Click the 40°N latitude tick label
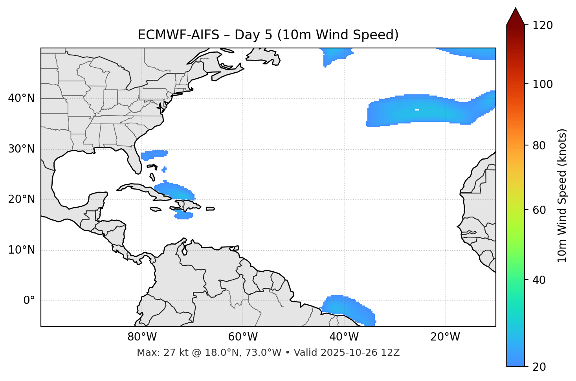[x=21, y=98]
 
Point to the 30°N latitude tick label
[x=21, y=149]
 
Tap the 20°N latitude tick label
[x=21, y=200]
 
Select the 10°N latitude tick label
[x=21, y=250]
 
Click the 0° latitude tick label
[x=29, y=301]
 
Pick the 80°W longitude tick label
[x=142, y=337]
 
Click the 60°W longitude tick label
[x=243, y=337]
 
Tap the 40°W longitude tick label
[x=344, y=337]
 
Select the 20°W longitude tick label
[x=445, y=337]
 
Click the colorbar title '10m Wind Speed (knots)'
[x=562, y=195]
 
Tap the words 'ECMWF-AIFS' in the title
[x=178, y=35]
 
